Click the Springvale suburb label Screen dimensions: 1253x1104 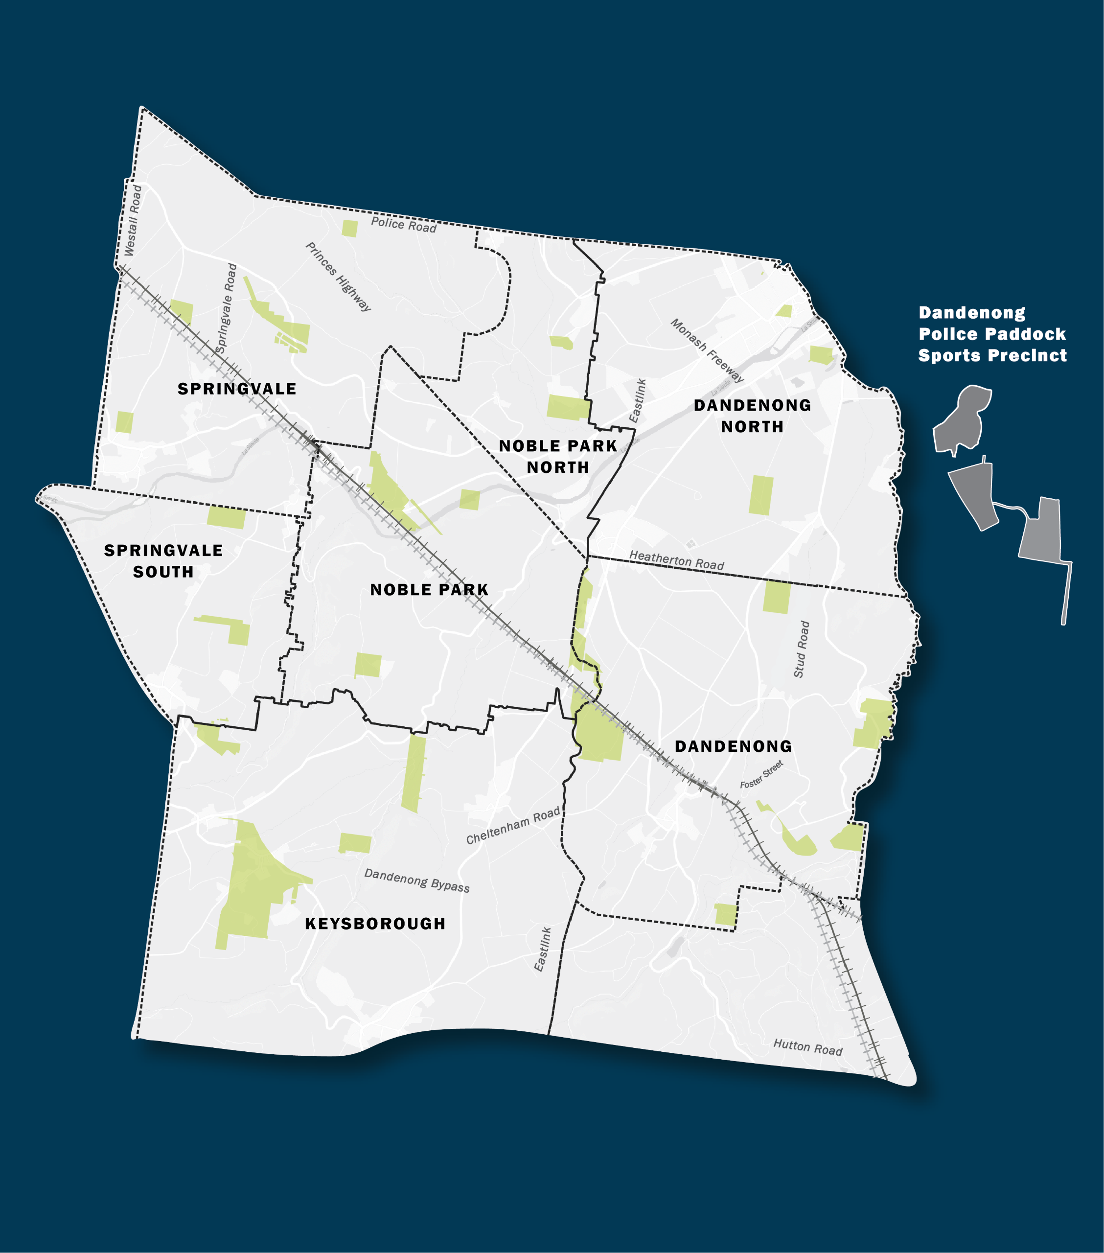(x=237, y=389)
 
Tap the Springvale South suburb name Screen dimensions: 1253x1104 (x=163, y=561)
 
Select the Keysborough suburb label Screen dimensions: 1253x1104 (x=375, y=923)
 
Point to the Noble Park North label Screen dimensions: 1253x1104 (x=558, y=456)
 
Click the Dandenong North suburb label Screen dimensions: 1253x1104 (x=752, y=416)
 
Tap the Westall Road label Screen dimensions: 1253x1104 (x=133, y=221)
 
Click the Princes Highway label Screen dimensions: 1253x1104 (x=338, y=277)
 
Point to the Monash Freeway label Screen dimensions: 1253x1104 (x=707, y=350)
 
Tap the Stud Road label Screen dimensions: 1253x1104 (x=801, y=649)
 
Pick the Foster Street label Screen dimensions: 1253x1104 (x=761, y=774)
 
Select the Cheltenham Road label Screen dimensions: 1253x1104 (x=513, y=825)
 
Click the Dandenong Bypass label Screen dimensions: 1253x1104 (x=417, y=881)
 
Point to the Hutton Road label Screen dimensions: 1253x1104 (x=807, y=1047)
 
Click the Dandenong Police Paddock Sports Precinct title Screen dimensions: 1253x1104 (x=992, y=334)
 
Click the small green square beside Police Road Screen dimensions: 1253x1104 (x=349, y=229)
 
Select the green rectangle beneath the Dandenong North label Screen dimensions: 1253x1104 (x=761, y=495)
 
